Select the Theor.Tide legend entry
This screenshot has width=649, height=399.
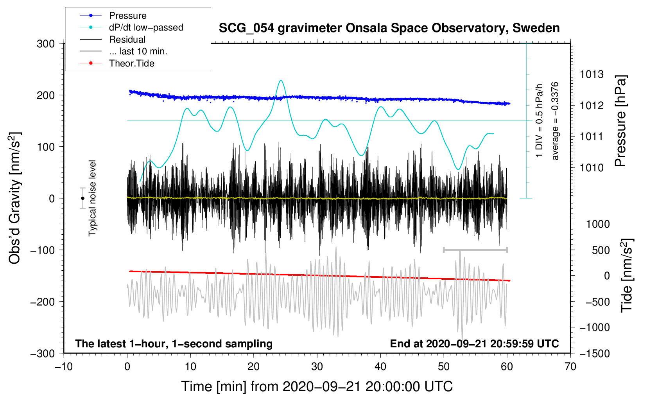coord(131,63)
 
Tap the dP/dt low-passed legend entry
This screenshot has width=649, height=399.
coord(146,27)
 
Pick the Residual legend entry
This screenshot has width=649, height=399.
coord(127,40)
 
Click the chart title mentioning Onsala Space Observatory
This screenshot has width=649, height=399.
coord(389,28)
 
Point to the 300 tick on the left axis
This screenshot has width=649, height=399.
coord(46,44)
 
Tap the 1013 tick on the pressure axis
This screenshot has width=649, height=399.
coord(592,74)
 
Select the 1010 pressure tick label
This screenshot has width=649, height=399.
coord(592,168)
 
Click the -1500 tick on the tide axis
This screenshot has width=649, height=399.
coord(594,354)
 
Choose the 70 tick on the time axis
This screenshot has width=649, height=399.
coord(570,367)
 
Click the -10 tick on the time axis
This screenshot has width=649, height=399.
coord(64,367)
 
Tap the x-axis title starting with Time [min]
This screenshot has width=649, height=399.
coord(317,386)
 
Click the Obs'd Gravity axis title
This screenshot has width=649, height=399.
coord(15,198)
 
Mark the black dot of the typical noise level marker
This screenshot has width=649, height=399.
coord(82,198)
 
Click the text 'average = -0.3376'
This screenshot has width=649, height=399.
coord(555,121)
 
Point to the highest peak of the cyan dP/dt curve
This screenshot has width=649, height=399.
coord(281,81)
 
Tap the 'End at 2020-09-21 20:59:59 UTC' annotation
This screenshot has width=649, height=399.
coord(474,343)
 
